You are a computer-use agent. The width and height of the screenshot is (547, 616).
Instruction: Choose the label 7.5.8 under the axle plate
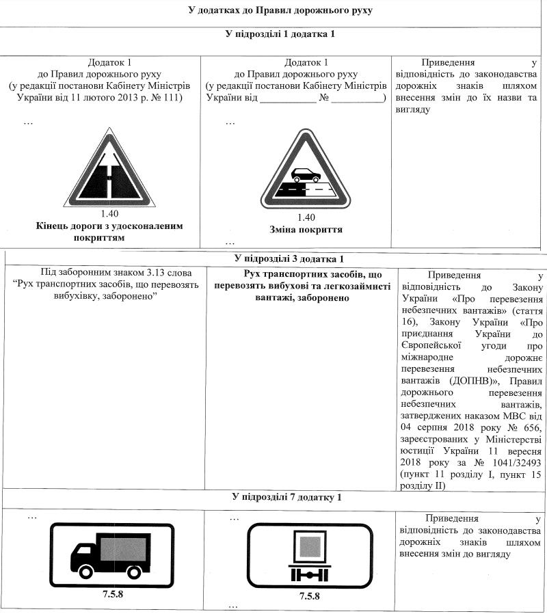pos(309,596)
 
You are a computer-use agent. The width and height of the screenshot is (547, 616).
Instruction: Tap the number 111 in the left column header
pos(169,98)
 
